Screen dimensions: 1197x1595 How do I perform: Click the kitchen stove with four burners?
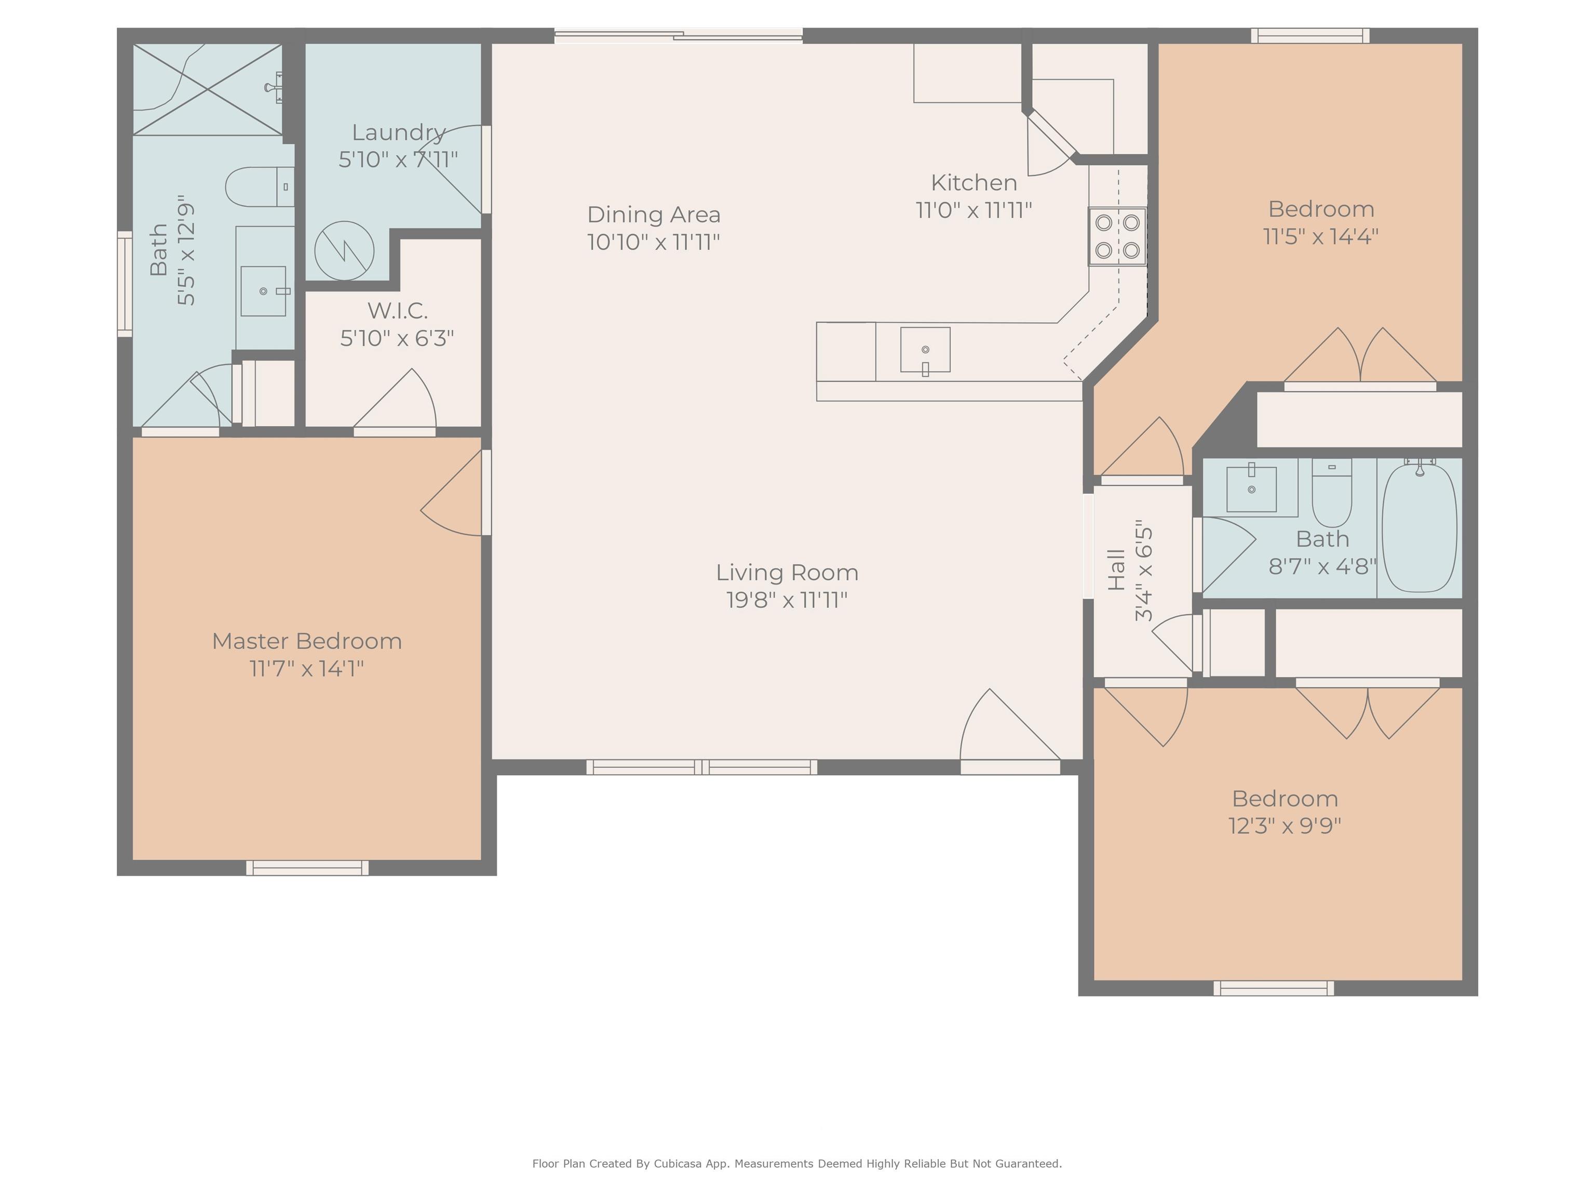pos(1117,237)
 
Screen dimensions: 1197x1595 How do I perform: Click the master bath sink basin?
pos(263,291)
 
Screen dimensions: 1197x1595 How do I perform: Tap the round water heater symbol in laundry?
pos(344,251)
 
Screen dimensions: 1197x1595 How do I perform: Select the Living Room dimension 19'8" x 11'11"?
pos(787,600)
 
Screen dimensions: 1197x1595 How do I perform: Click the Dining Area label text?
pos(653,214)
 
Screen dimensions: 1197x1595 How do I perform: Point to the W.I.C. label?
pos(397,311)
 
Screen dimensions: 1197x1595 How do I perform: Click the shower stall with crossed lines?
pos(208,89)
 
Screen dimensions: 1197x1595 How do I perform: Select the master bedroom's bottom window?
pos(307,868)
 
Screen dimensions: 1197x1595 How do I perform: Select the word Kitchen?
pos(974,182)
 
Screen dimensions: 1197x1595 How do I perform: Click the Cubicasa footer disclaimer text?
pos(797,1163)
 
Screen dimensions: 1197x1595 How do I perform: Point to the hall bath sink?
pos(1251,489)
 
